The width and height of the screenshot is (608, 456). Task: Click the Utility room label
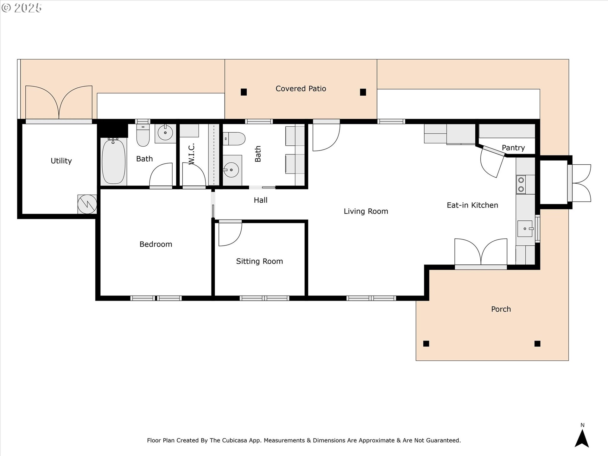[x=61, y=161]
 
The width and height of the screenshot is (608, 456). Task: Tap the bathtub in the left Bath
[x=113, y=161]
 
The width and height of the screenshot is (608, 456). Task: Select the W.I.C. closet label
[x=191, y=154]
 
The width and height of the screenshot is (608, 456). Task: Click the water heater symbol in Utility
[x=87, y=204]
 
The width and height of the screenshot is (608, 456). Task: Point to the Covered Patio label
[x=301, y=89]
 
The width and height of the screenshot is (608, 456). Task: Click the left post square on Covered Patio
[x=244, y=92]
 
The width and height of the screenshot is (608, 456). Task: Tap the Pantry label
[x=513, y=148]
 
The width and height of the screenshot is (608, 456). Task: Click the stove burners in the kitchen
[x=521, y=185]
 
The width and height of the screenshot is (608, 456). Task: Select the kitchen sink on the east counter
[x=525, y=229]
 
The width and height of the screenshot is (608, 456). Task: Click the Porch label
[x=501, y=309]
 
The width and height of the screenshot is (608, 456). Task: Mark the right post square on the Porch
[x=537, y=344]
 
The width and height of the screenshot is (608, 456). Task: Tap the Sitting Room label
[x=259, y=261]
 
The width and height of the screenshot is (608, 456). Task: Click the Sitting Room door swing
[x=230, y=234]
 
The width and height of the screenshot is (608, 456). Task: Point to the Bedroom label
[x=156, y=244]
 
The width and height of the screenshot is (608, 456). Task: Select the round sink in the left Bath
[x=165, y=133]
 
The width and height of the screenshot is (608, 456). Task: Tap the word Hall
[x=260, y=200]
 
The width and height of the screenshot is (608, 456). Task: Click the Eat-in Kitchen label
[x=472, y=205]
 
